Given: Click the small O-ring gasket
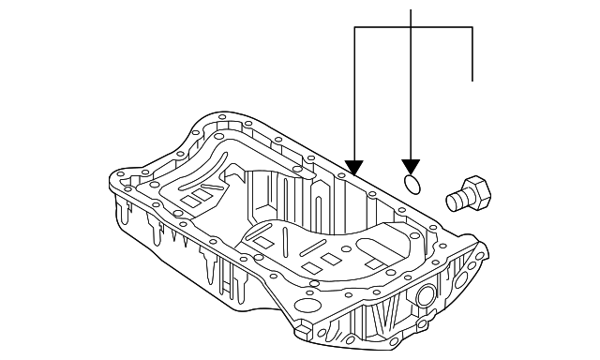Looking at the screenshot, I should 412,181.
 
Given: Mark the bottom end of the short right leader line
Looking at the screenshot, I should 472,81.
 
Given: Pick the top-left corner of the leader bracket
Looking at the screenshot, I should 354,28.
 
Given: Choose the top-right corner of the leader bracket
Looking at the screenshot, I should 472,28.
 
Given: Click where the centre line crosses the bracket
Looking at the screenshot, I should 412,28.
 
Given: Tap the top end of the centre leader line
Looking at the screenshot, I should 412,9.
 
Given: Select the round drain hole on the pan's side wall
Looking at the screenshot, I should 425,298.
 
